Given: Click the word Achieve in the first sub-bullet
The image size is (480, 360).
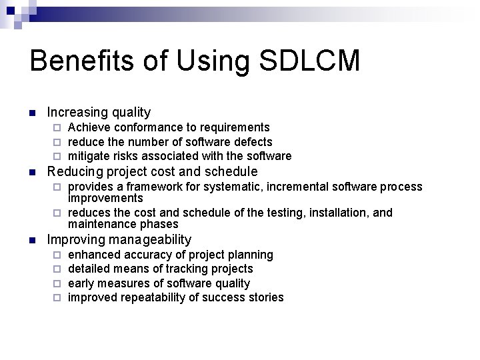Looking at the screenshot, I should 89,127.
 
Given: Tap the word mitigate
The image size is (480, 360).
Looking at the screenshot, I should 90,156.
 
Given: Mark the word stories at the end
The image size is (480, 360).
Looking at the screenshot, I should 266,297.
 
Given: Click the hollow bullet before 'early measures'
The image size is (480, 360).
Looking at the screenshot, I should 58,283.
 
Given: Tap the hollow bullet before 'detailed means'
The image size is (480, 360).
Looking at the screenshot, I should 58,269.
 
